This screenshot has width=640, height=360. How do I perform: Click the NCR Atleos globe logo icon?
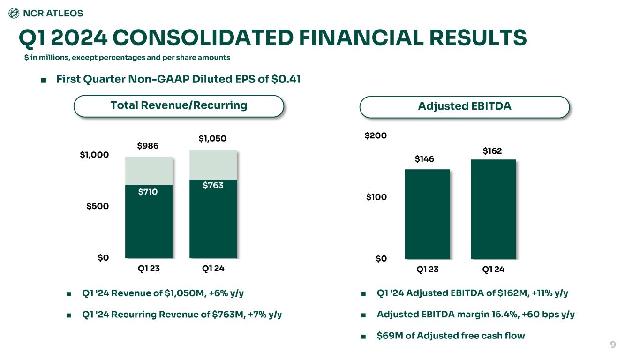(x=15, y=14)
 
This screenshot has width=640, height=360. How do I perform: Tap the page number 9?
(x=612, y=345)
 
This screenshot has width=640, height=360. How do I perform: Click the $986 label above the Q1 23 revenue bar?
(x=148, y=146)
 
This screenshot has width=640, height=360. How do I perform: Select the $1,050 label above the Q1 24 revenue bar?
(x=212, y=138)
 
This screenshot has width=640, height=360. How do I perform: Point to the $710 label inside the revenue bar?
(x=148, y=191)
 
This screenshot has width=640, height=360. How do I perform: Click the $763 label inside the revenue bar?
(x=213, y=185)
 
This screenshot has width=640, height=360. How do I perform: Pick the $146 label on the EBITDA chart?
(x=425, y=159)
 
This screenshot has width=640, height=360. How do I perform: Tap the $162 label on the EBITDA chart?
(x=492, y=151)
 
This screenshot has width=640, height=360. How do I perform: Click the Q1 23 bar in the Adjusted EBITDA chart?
(x=427, y=216)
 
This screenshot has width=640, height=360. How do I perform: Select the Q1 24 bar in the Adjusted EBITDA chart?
(x=493, y=211)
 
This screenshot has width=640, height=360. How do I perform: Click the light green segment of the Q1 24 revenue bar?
(x=213, y=165)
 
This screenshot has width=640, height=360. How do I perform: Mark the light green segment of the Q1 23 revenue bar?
(x=149, y=171)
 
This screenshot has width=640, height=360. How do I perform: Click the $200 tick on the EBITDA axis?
(x=376, y=136)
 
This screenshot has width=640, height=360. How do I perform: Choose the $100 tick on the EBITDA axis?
(x=376, y=197)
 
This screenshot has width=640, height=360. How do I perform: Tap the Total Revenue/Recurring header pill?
(x=179, y=105)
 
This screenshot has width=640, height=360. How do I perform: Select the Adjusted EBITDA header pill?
(x=464, y=107)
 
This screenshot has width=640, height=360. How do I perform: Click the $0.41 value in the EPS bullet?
(x=286, y=80)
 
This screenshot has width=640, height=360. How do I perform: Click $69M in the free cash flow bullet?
(x=387, y=336)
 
